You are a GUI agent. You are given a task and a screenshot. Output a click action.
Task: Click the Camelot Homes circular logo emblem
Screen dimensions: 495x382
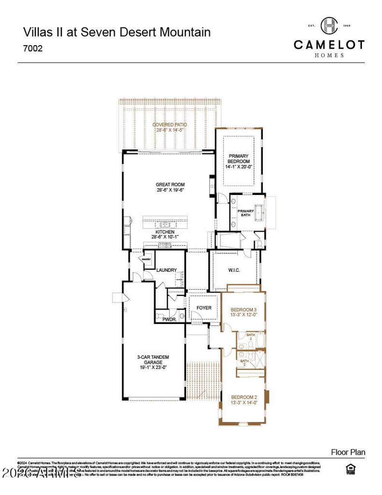pyautogui.click(x=329, y=26)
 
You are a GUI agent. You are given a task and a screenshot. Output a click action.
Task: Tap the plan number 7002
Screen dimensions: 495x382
pyautogui.click(x=33, y=49)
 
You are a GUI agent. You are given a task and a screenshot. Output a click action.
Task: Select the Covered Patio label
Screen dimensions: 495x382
pyautogui.click(x=170, y=127)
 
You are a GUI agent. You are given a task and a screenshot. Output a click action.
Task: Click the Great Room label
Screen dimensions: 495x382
pyautogui.click(x=170, y=187)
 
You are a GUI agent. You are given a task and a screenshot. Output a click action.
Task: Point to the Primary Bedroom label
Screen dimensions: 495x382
pyautogui.click(x=239, y=161)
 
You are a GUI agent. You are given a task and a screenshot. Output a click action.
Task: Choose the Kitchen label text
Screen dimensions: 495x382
pyautogui.click(x=165, y=234)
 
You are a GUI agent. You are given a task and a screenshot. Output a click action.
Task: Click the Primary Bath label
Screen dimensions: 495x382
pyautogui.click(x=245, y=213)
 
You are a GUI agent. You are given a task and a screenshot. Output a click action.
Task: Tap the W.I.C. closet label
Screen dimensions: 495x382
pyautogui.click(x=234, y=270)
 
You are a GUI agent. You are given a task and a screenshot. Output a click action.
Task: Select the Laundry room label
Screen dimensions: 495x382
pyautogui.click(x=166, y=270)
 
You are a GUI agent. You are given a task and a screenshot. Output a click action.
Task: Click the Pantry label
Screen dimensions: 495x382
pyautogui.click(x=146, y=259)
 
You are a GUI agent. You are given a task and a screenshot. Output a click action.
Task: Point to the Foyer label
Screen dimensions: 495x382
pyautogui.click(x=204, y=308)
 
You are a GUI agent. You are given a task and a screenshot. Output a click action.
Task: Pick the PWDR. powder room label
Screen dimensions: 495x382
pyautogui.click(x=169, y=320)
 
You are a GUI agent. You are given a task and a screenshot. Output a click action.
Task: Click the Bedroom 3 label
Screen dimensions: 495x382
pyautogui.click(x=244, y=312)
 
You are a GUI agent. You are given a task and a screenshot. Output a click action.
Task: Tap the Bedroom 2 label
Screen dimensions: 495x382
pyautogui.click(x=244, y=400)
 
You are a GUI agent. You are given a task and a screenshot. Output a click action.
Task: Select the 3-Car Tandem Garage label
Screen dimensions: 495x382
pyautogui.click(x=153, y=362)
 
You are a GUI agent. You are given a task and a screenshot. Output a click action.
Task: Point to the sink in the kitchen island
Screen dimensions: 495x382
pyautogui.click(x=164, y=225)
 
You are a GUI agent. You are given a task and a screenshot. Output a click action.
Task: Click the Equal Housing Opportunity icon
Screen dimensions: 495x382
pyautogui.click(x=350, y=469)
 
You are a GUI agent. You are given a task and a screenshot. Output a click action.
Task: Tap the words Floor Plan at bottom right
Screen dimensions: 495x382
pyautogui.click(x=348, y=452)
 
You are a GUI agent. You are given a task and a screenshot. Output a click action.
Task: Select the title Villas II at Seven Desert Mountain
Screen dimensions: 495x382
pyautogui.click(x=117, y=32)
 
